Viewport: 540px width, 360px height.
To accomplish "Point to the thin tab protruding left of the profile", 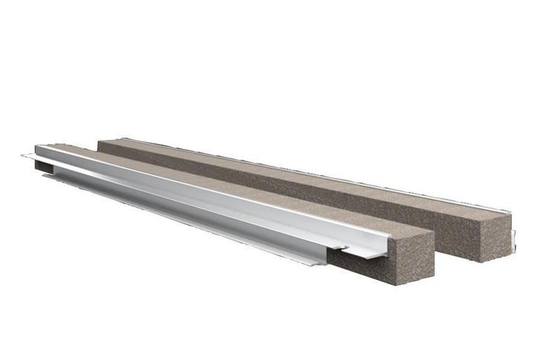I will point(28,156).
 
